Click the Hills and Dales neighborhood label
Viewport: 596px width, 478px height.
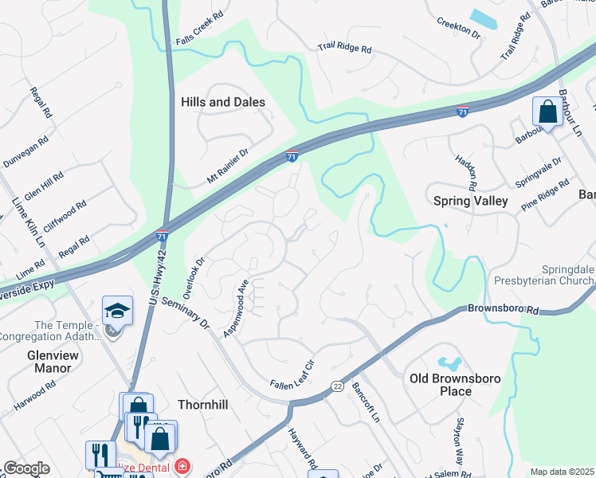pyautogui.click(x=223, y=102)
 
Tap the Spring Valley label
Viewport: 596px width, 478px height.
pyautogui.click(x=470, y=202)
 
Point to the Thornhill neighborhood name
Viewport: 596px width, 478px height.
pyautogui.click(x=204, y=405)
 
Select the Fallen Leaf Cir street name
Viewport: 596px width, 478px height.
pyautogui.click(x=293, y=373)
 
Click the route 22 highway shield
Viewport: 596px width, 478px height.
pyautogui.click(x=337, y=386)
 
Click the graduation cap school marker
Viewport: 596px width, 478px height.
pyautogui.click(x=118, y=311)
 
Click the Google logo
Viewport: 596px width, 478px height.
pyautogui.click(x=25, y=468)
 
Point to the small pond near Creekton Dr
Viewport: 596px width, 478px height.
pyautogui.click(x=484, y=18)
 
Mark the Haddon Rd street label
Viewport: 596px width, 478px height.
pyautogui.click(x=466, y=170)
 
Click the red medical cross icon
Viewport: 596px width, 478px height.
pyautogui.click(x=182, y=466)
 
